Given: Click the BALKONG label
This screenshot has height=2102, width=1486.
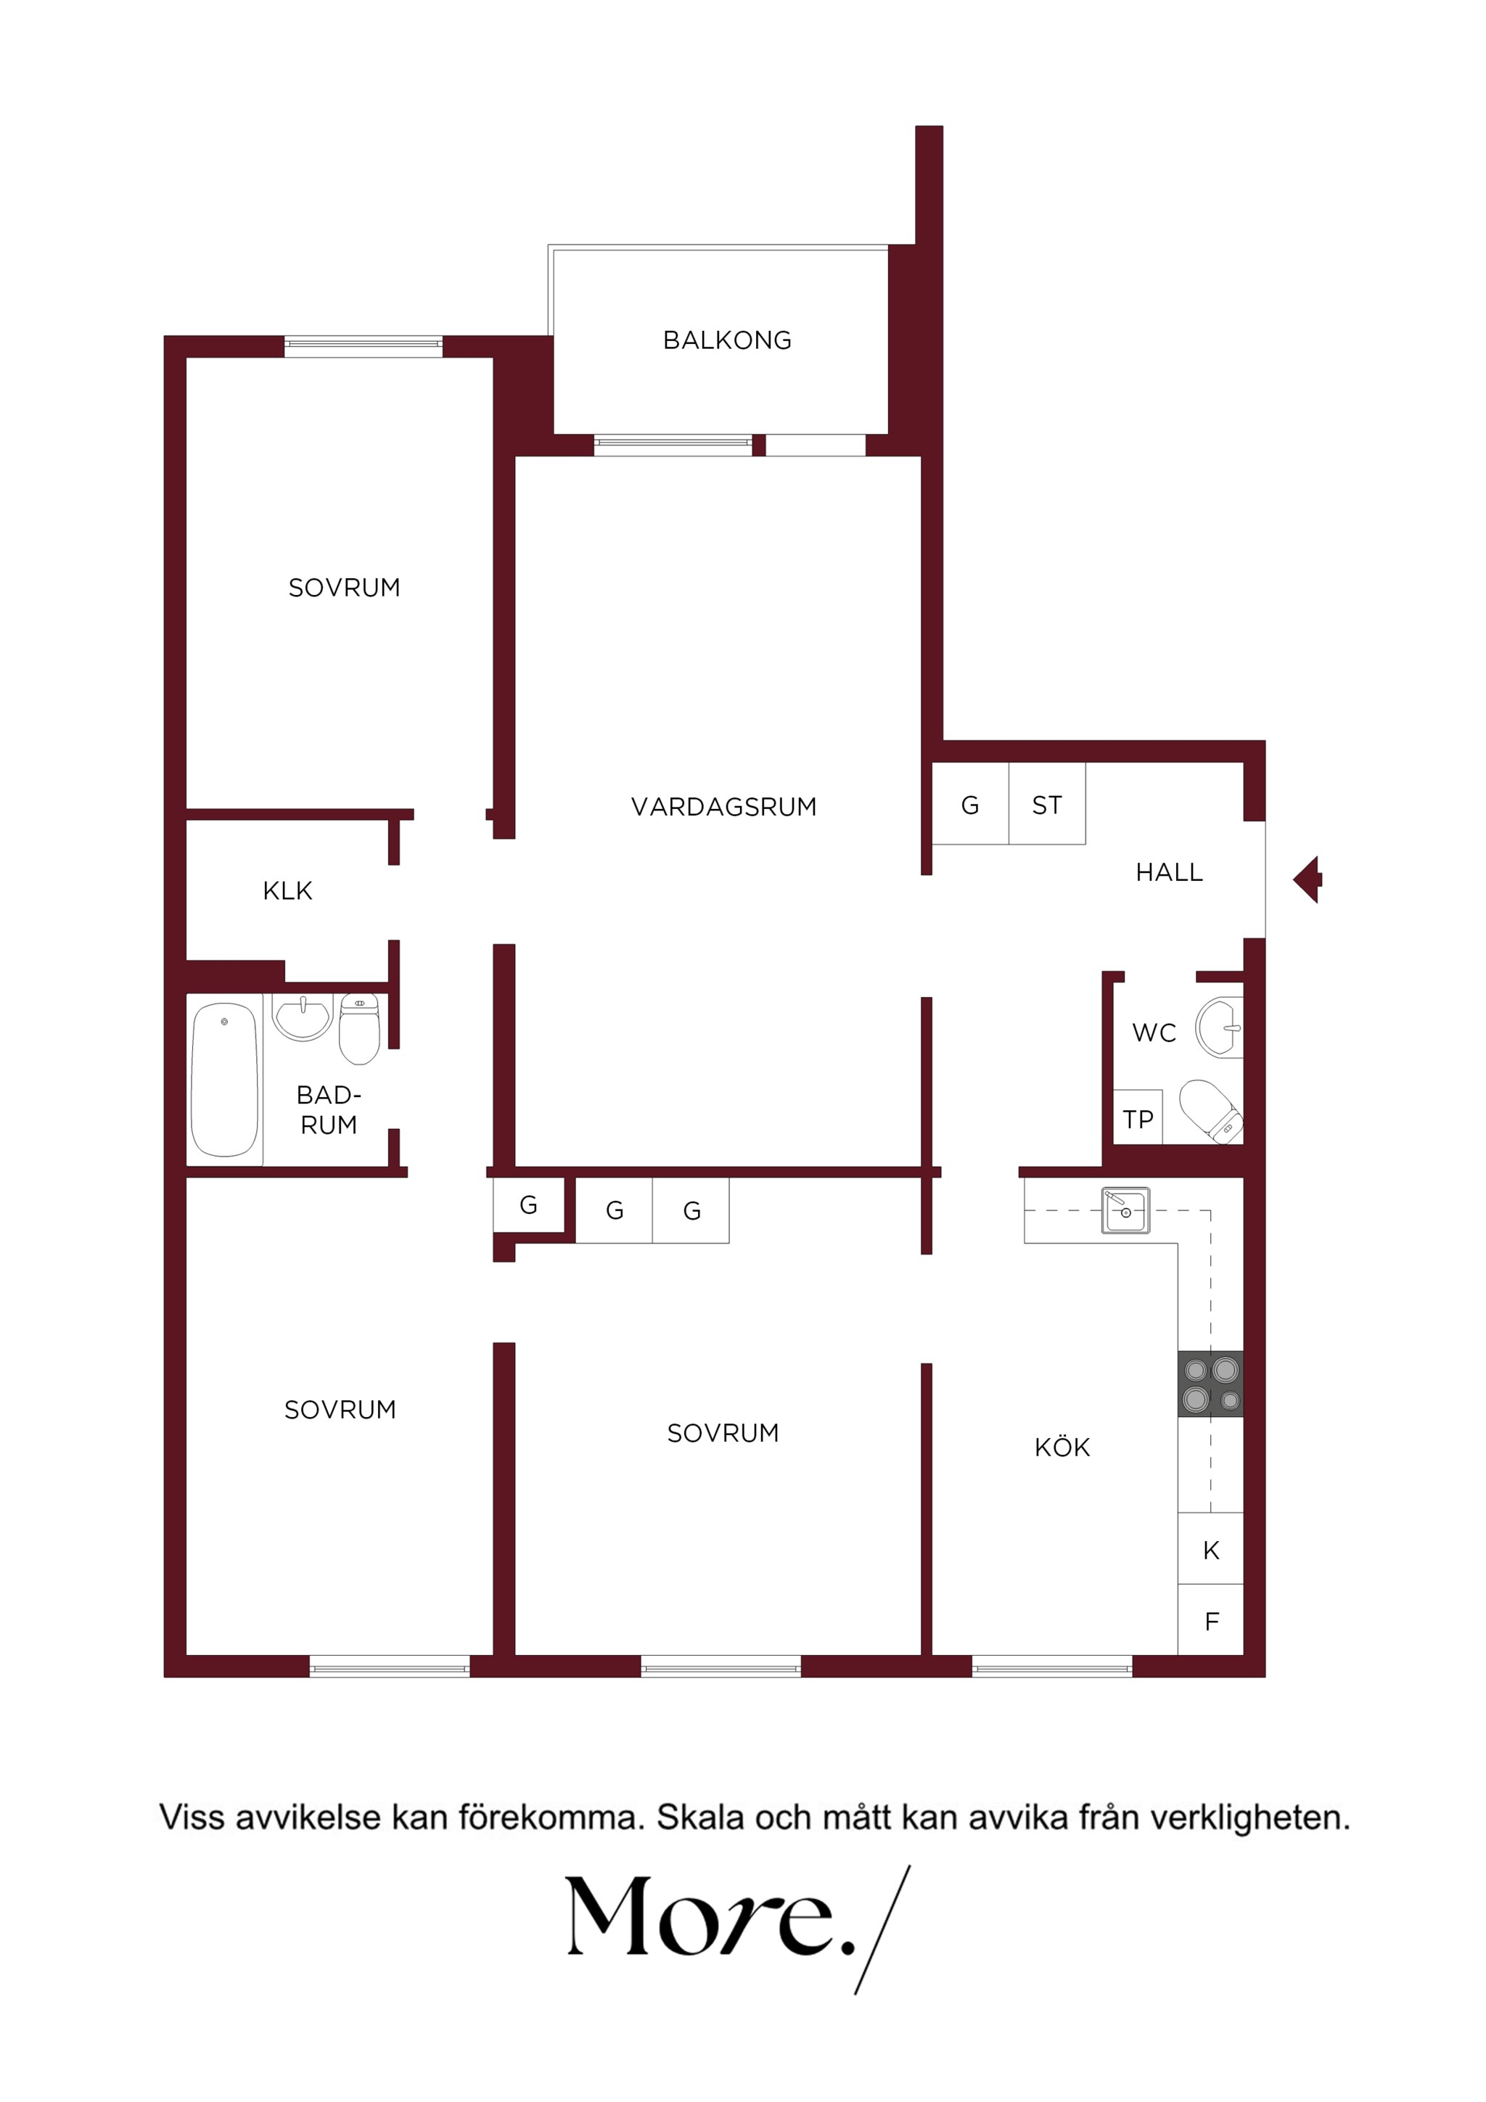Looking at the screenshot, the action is [727, 340].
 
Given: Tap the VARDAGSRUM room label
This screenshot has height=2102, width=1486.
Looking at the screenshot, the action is [723, 807].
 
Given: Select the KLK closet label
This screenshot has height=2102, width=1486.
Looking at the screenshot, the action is [287, 891].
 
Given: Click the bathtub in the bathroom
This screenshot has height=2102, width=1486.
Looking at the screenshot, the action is [224, 1080].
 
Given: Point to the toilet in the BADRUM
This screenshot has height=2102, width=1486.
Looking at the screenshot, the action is [360, 1029].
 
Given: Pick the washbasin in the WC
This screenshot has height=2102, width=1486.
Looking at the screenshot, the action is [1220, 1029].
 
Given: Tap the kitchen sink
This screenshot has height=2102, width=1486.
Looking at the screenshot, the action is [1125, 1211].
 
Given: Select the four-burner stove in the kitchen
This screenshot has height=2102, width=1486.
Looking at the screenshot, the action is [1210, 1384].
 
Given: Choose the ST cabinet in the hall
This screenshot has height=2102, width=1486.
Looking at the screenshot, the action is [1048, 804].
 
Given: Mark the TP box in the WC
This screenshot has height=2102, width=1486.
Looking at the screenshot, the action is [1138, 1118].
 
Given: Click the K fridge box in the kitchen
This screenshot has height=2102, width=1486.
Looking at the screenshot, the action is [1210, 1550].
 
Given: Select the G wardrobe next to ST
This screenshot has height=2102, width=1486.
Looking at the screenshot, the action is [971, 804].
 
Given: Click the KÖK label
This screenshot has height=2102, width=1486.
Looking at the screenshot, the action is [1062, 1448].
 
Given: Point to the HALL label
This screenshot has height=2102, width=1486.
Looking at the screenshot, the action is [1169, 872].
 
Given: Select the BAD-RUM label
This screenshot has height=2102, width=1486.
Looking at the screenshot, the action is [329, 1109].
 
